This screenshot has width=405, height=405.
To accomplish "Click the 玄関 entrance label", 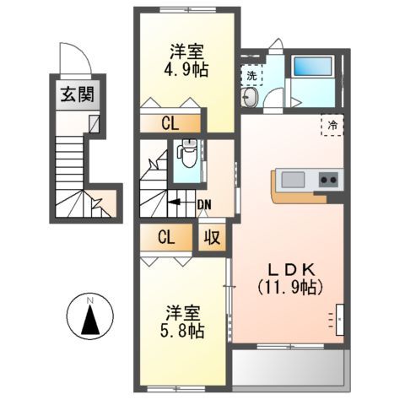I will click(x=77, y=94).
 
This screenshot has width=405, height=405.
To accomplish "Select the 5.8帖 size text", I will click(x=183, y=332).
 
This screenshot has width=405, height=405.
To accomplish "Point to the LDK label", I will click(x=289, y=268).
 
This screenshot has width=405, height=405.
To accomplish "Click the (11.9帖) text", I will click(x=289, y=287).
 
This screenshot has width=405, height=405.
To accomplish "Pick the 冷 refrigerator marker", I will click(x=333, y=126).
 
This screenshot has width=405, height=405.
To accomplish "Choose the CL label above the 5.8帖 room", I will click(x=165, y=237).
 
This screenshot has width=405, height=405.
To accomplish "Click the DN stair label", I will click(x=204, y=202).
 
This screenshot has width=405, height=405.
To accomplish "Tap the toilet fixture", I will click(x=186, y=158).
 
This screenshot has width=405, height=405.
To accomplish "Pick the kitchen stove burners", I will click(x=327, y=180).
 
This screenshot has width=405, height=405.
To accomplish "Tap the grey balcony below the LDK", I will click(x=288, y=368).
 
